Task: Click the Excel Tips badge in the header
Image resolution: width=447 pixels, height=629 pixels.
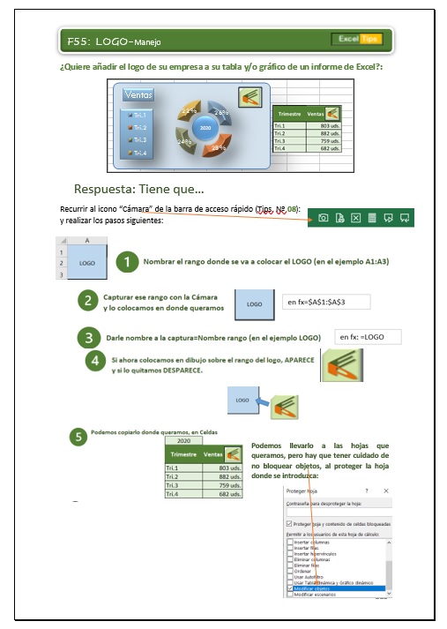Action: pyautogui.click(x=356, y=40)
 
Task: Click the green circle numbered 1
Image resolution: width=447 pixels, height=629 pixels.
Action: pyautogui.click(x=129, y=261)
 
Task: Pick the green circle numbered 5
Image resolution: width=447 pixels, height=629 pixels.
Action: pyautogui.click(x=78, y=435)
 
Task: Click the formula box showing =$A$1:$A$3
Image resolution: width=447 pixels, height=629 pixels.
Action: pyautogui.click(x=326, y=303)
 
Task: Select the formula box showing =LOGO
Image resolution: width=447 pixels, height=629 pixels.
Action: pyautogui.click(x=368, y=337)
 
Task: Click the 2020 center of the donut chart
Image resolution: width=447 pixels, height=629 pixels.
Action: pyautogui.click(x=205, y=128)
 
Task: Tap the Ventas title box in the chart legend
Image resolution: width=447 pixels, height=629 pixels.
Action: pyautogui.click(x=139, y=94)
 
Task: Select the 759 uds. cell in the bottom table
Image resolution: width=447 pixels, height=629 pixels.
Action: pyautogui.click(x=217, y=485)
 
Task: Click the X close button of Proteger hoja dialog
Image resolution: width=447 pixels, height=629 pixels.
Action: pyautogui.click(x=386, y=490)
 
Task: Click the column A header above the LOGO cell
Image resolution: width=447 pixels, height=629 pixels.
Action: pyautogui.click(x=87, y=239)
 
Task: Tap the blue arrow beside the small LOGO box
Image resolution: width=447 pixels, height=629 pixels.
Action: pyautogui.click(x=263, y=402)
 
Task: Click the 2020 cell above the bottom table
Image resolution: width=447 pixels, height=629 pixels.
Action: pyautogui.click(x=183, y=440)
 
